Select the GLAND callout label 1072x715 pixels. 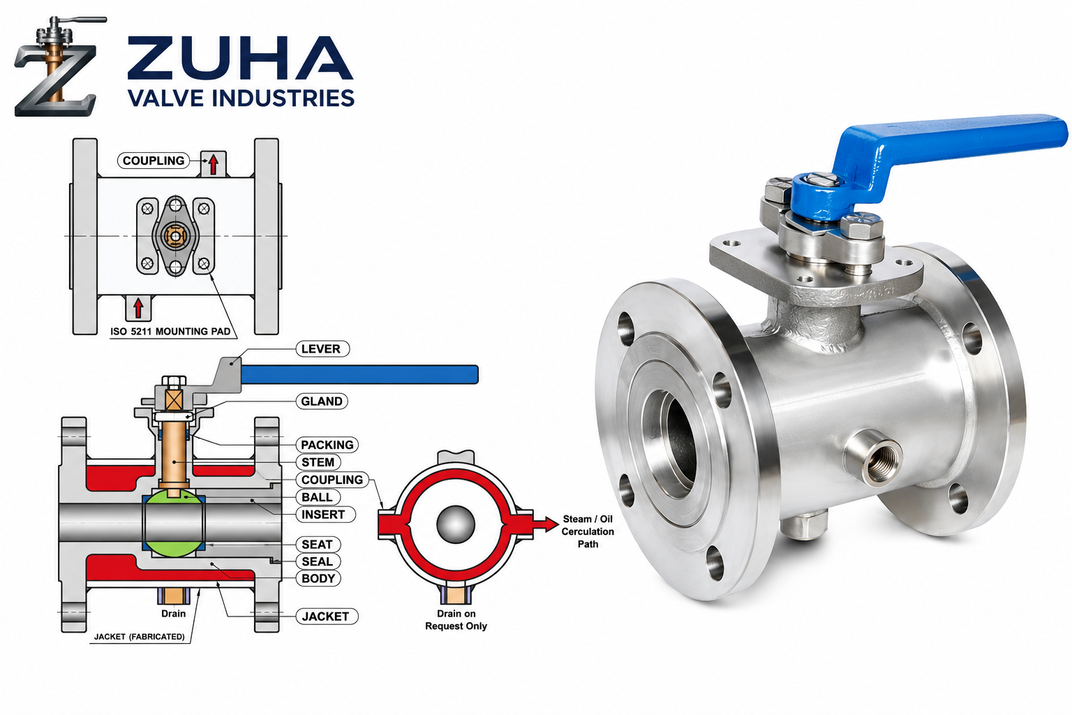(x=322, y=401)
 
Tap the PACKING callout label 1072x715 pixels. (x=327, y=445)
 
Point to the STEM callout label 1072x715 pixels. (x=318, y=462)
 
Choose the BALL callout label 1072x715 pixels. (x=318, y=497)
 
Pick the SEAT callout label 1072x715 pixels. (x=318, y=545)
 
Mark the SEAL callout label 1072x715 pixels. (x=318, y=561)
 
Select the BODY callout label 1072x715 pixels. (x=318, y=579)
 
